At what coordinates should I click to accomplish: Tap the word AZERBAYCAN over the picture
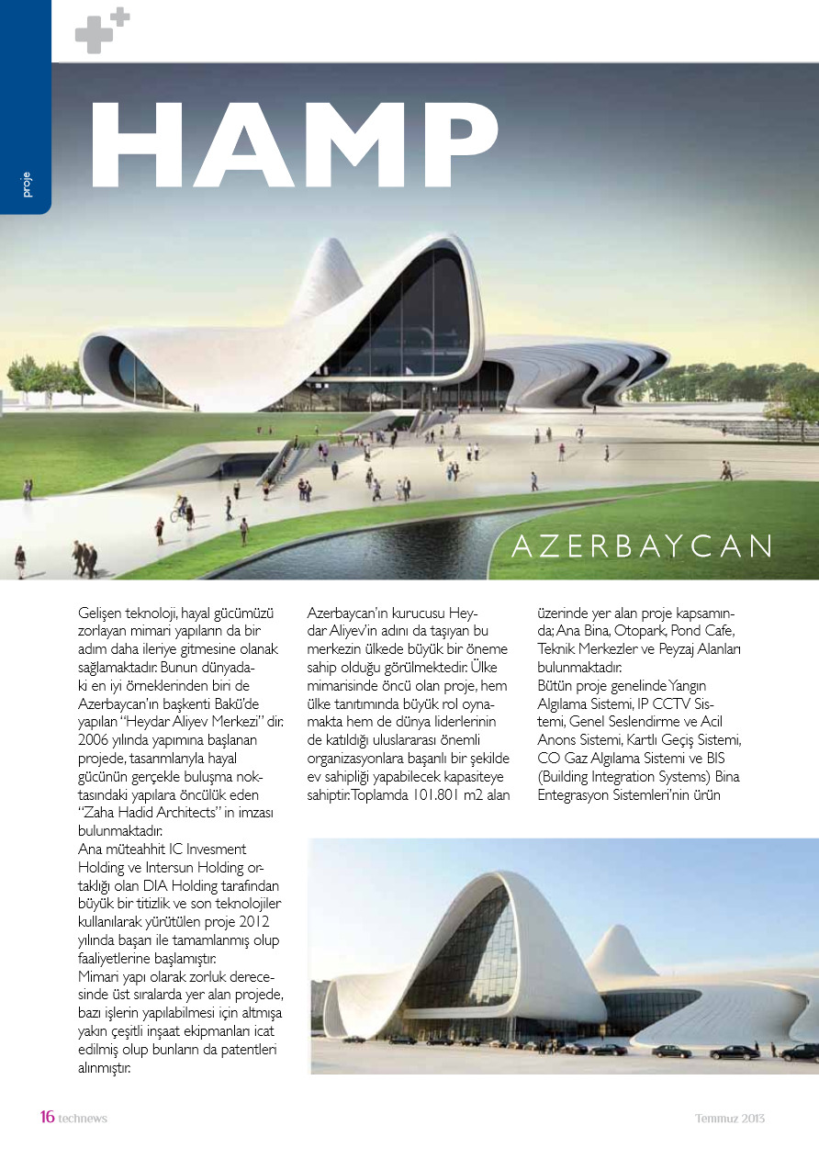pyautogui.click(x=642, y=546)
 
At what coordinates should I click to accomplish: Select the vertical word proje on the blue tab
pyautogui.click(x=26, y=184)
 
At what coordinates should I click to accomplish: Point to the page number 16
pyautogui.click(x=47, y=1117)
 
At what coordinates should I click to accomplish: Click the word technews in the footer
pyautogui.click(x=83, y=1118)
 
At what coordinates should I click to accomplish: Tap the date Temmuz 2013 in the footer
pyautogui.click(x=729, y=1118)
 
